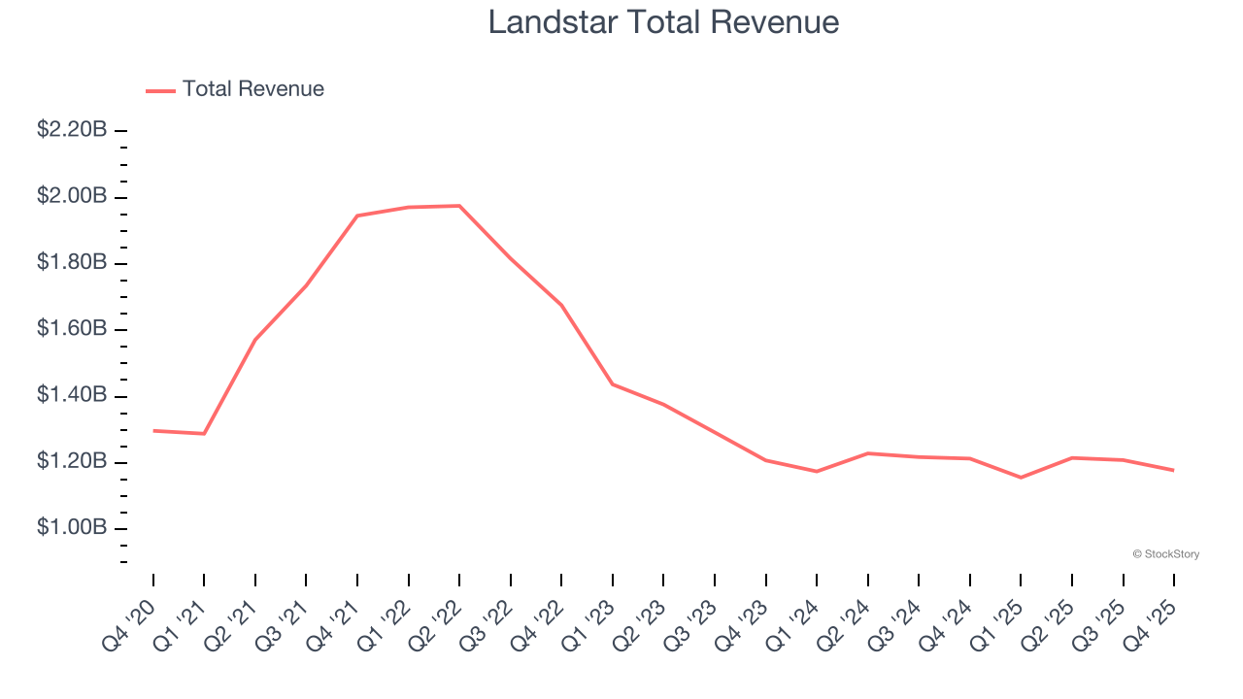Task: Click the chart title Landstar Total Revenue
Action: (x=663, y=21)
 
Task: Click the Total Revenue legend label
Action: (x=252, y=89)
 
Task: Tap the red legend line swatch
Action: (x=160, y=90)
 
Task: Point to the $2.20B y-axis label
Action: (x=72, y=130)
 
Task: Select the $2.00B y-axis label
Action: (x=72, y=196)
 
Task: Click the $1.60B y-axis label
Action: (x=72, y=329)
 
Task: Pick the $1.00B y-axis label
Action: (x=72, y=528)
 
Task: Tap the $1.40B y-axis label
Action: (x=72, y=395)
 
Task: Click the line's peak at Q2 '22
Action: (x=459, y=206)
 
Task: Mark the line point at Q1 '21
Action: (x=204, y=433)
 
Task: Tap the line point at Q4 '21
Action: (x=357, y=216)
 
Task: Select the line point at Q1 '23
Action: (x=613, y=384)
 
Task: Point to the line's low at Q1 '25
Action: (x=1021, y=478)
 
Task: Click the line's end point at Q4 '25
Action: (x=1173, y=470)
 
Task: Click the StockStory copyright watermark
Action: (x=1165, y=554)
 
